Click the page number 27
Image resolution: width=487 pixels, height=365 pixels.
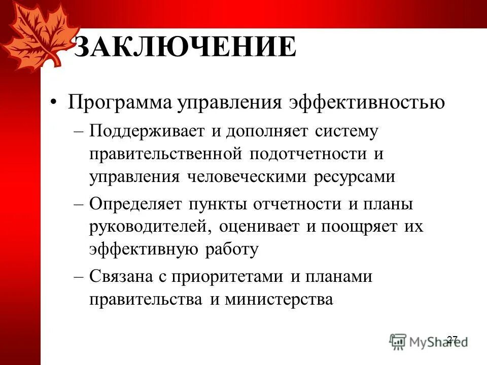(x=453, y=339)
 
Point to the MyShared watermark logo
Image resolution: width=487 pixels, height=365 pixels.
(x=426, y=341)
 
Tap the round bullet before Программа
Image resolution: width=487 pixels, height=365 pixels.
(x=54, y=103)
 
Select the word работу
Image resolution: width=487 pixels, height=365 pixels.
(x=232, y=249)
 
